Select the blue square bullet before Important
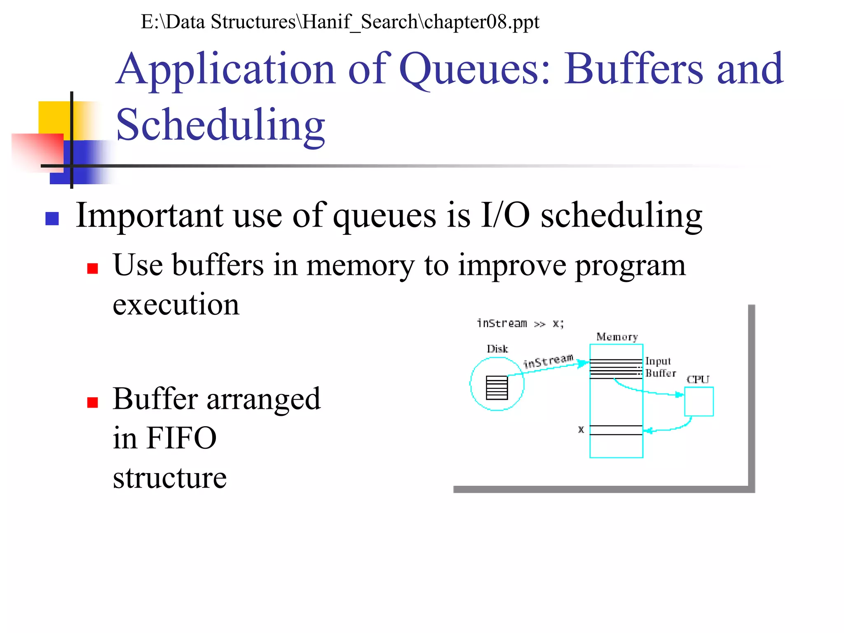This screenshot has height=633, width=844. (x=52, y=218)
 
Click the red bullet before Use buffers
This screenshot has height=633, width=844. (x=92, y=269)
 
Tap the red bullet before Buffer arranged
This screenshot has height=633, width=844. (x=92, y=402)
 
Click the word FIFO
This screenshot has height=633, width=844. (x=181, y=438)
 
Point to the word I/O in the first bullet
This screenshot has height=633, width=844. (x=505, y=215)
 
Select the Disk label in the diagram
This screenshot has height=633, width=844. (x=497, y=349)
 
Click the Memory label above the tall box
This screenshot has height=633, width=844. (x=617, y=337)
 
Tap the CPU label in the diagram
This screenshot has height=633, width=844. (x=698, y=380)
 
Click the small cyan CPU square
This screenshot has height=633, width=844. (x=699, y=401)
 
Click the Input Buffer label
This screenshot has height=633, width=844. (x=660, y=367)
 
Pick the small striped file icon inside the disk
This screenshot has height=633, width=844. (x=497, y=388)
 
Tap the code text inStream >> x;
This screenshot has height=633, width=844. (x=520, y=324)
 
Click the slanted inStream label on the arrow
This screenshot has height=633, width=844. (x=548, y=361)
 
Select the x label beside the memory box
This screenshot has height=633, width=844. (x=581, y=429)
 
